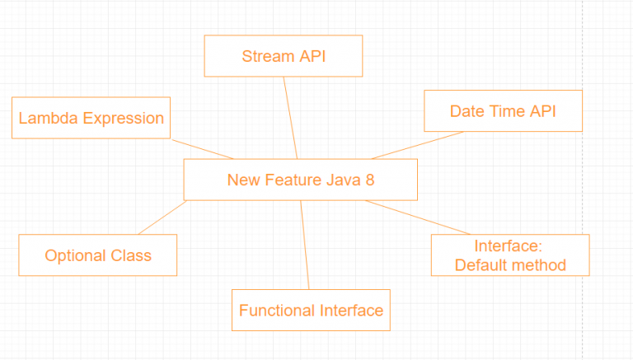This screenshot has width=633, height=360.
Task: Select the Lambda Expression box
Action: [91, 118]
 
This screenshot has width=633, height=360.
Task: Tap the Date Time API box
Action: [503, 111]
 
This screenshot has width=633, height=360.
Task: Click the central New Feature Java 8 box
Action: [300, 180]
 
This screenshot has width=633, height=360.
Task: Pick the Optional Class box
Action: [97, 255]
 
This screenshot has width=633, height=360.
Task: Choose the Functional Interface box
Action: [311, 311]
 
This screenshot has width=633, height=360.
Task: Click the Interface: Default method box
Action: [509, 255]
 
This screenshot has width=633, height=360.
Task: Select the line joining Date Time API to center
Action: [417, 145]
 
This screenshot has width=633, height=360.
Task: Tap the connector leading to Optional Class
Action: [162, 217]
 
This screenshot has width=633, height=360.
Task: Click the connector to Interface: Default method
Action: [417, 217]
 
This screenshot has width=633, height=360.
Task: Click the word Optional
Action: [70, 255]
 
